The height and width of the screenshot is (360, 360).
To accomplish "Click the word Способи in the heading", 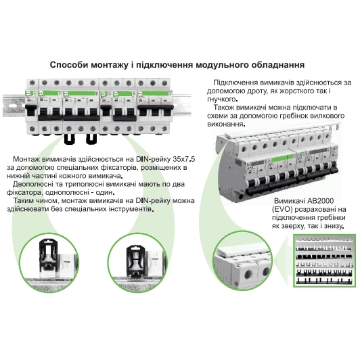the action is tap(69, 65).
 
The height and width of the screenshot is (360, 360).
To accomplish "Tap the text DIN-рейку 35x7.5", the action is tap(166, 159).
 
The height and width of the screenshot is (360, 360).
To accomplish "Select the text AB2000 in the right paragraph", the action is tap(320, 201).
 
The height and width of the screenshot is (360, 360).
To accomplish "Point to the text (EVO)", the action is tap(282, 209).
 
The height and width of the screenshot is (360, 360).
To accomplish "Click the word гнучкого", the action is tap(222, 99).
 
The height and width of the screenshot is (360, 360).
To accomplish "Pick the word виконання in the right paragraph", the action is tap(225, 125).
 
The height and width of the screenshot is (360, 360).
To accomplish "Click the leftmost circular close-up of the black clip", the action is tap(49, 263).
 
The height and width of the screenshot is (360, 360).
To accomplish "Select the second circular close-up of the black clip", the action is tap(137, 263).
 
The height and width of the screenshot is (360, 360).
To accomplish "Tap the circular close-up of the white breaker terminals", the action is tap(243, 261).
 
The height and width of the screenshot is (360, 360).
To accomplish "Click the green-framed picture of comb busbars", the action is tap(324, 261).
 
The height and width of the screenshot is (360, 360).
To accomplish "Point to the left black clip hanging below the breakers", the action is tap(70, 139).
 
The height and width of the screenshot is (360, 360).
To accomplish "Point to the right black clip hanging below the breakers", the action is tap(91, 139).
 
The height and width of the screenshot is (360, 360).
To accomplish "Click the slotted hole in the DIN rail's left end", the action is tap(12, 106).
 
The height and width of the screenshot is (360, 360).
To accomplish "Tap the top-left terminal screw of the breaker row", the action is tap(32, 83).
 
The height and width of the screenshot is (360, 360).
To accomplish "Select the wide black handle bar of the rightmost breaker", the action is tap(155, 107).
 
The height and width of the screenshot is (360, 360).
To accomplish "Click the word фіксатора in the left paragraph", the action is tap(24, 192).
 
